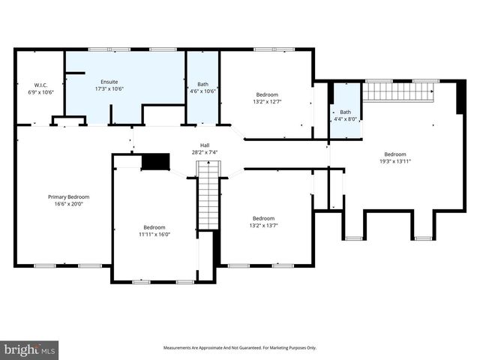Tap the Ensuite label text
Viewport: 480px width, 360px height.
pyautogui.click(x=109, y=81)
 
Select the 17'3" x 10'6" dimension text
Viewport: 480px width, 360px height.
pyautogui.click(x=109, y=88)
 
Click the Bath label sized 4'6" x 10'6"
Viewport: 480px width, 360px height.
pyautogui.click(x=202, y=84)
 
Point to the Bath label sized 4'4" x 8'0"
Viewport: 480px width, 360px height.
pyautogui.click(x=345, y=112)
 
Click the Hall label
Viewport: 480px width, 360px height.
pyautogui.click(x=205, y=145)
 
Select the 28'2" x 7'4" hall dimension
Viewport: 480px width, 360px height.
pyautogui.click(x=205, y=152)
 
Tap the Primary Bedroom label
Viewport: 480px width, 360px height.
pyautogui.click(x=64, y=196)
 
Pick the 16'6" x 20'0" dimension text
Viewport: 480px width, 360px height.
pyautogui.click(x=64, y=204)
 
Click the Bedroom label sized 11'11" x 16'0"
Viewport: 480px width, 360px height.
pyautogui.click(x=154, y=227)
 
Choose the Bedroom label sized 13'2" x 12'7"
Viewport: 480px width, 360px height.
pyautogui.click(x=267, y=94)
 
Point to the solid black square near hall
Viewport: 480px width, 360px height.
pyautogui.click(x=156, y=161)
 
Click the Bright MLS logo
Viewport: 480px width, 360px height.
pyautogui.click(x=30, y=349)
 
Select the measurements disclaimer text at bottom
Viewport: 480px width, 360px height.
pyautogui.click(x=240, y=348)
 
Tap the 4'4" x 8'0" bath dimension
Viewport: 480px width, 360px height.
pyautogui.click(x=345, y=119)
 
